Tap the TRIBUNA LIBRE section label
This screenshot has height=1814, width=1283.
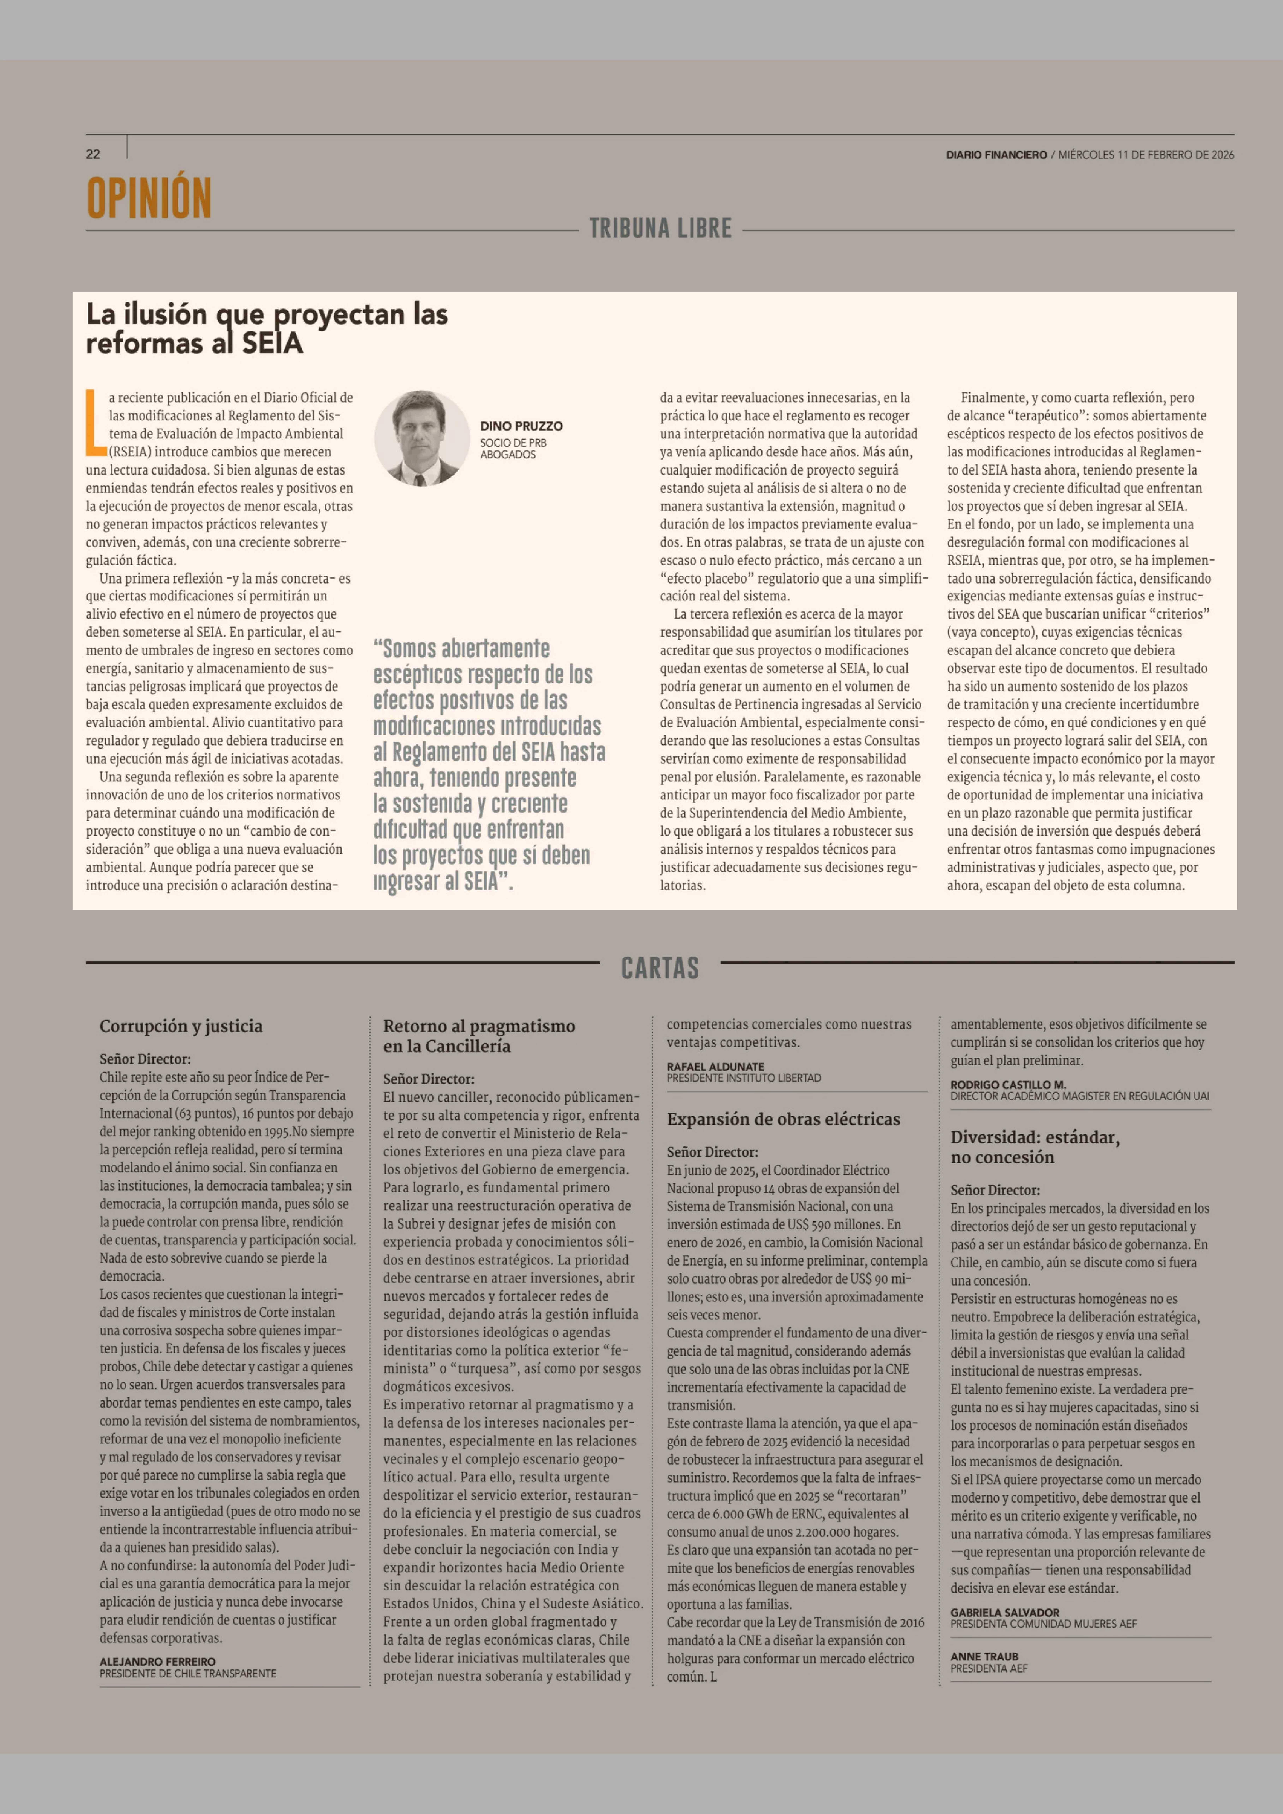coord(660,228)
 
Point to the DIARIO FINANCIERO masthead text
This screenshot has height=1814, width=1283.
coord(996,155)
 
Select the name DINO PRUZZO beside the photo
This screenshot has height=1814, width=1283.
coord(521,426)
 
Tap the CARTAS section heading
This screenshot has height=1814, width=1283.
coord(660,968)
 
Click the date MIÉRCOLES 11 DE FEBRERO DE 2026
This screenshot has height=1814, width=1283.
coord(1146,155)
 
